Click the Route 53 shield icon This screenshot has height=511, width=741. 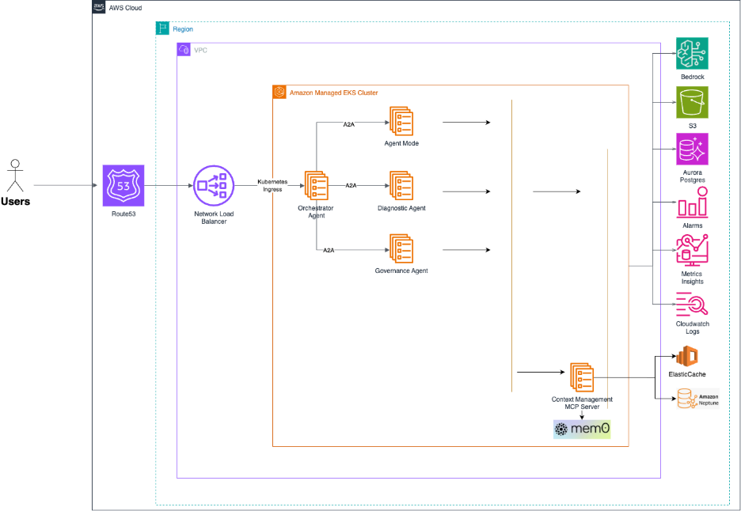[x=123, y=186]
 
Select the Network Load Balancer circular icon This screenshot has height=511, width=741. [x=214, y=187]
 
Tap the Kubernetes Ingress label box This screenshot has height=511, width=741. [x=273, y=186]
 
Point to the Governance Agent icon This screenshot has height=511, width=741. [x=401, y=249]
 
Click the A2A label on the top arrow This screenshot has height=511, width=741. [x=349, y=124]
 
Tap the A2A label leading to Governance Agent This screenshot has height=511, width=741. [x=329, y=251]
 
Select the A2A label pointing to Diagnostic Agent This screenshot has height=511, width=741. [x=350, y=186]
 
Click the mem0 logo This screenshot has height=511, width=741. [x=582, y=430]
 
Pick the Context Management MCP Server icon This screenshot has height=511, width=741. [x=582, y=377]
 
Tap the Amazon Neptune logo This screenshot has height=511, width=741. [x=697, y=399]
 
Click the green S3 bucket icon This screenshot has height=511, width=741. [x=692, y=103]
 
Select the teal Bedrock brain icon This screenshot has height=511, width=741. [x=692, y=53]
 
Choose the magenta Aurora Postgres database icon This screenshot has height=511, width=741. [x=692, y=149]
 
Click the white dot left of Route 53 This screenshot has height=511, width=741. [x=14, y=164]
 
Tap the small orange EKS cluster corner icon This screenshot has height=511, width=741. [x=279, y=93]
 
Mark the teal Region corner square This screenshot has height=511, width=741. [x=162, y=28]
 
